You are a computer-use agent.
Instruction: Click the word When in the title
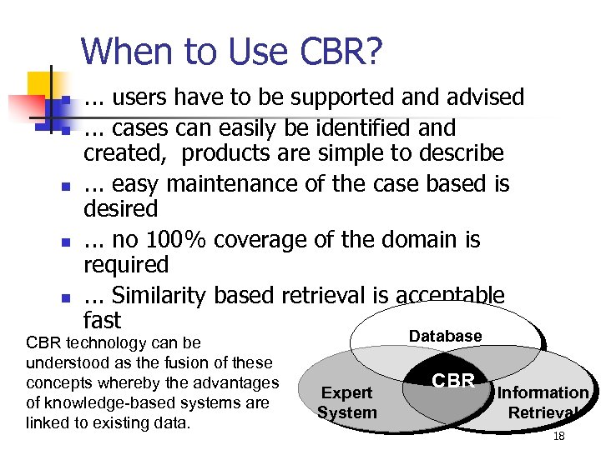point(119,52)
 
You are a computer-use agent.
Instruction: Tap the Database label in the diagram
point(445,336)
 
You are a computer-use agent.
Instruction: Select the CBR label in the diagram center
point(453,381)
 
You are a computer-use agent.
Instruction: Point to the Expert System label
point(347,402)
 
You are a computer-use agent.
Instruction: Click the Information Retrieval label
point(543,402)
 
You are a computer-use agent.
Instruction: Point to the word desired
point(120,208)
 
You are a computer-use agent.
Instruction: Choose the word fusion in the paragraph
point(169,362)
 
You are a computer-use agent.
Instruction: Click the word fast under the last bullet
point(102,320)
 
